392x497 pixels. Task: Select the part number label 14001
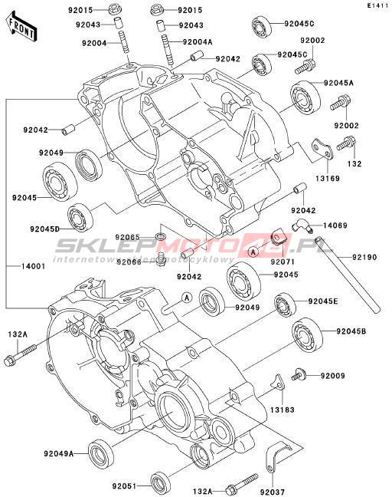[33, 266]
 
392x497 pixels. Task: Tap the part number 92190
[364, 257]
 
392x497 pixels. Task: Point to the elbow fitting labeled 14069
[302, 225]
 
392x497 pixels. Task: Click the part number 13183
[283, 410]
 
